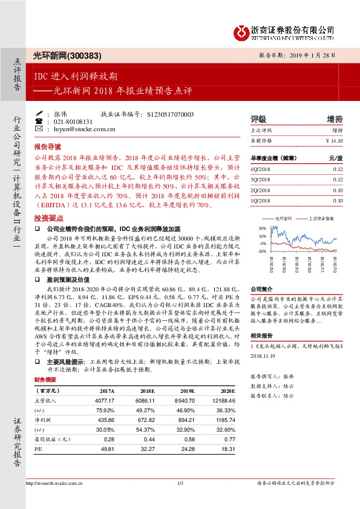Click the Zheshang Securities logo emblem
point(240,30)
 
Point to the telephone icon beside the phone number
point(39,121)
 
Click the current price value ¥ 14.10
point(334,140)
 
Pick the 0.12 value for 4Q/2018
point(338,170)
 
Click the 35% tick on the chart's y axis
point(262,228)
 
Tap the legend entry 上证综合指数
point(321,218)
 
